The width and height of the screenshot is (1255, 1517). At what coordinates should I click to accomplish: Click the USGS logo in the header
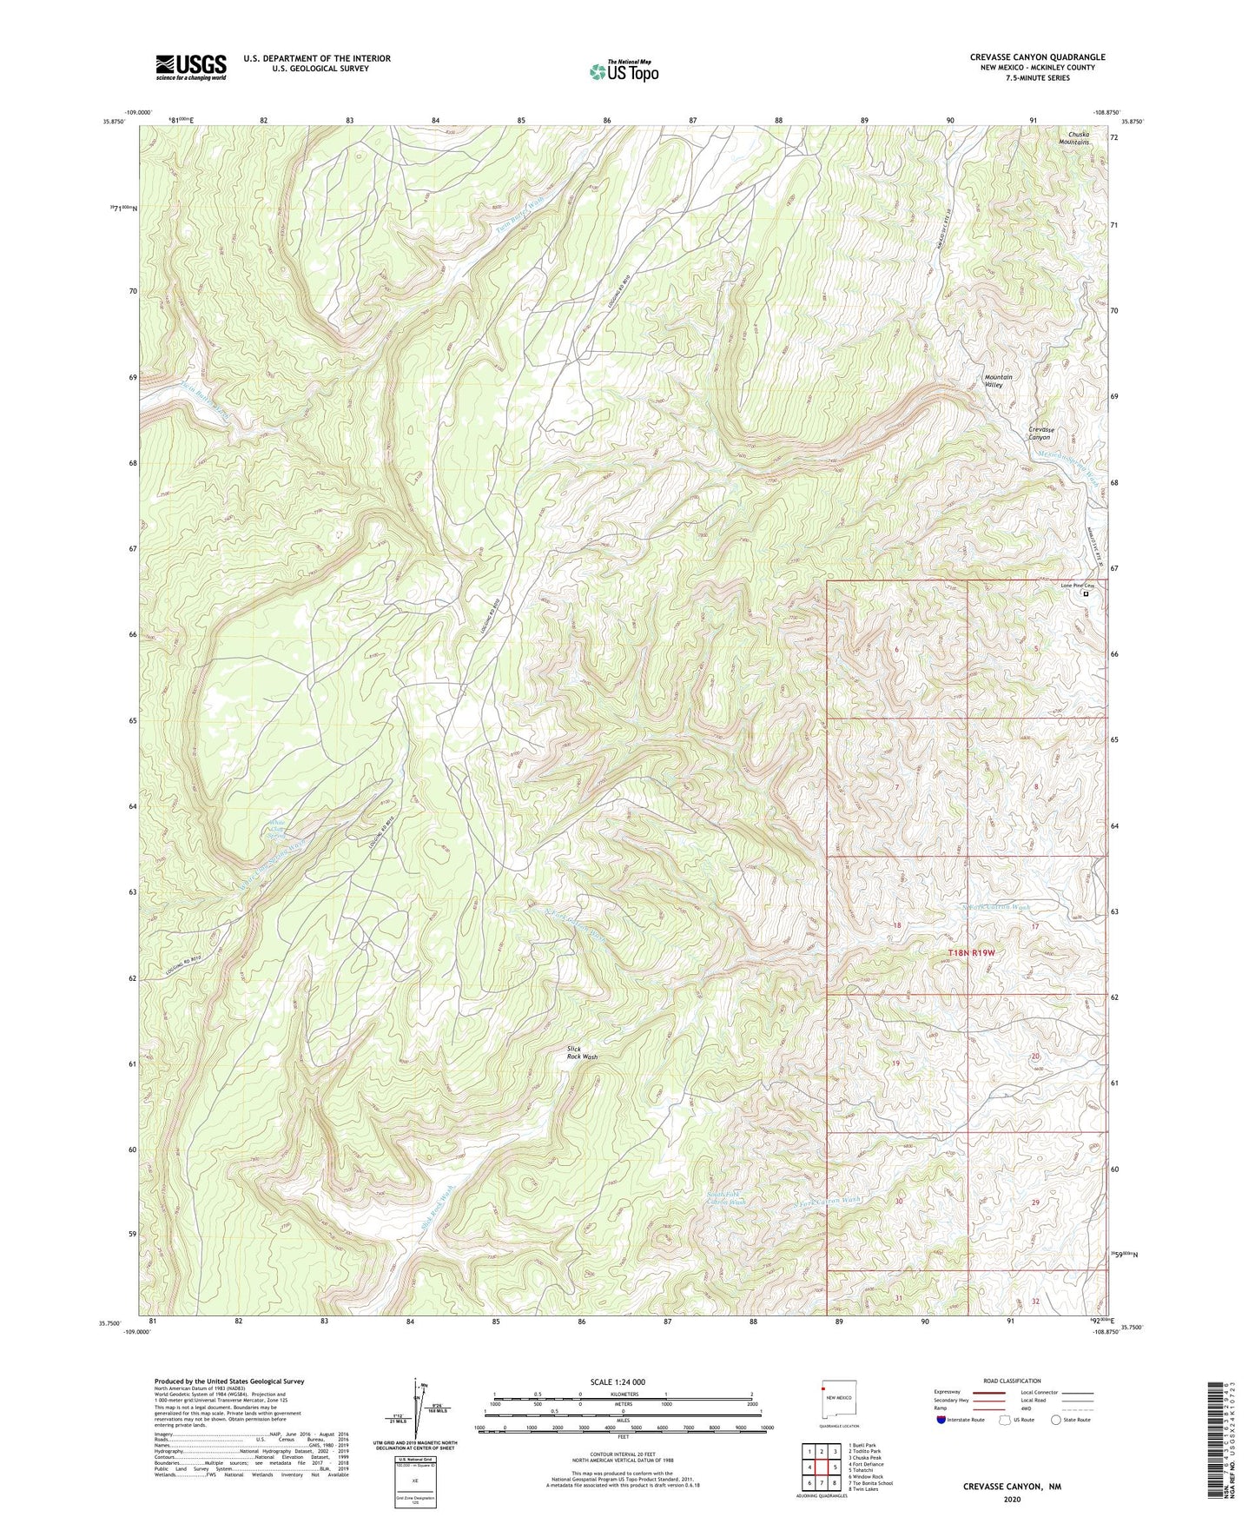click(x=191, y=66)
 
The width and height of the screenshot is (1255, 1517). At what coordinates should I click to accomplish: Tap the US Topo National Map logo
click(x=624, y=70)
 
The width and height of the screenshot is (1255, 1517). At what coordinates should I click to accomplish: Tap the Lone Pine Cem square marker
click(x=1086, y=594)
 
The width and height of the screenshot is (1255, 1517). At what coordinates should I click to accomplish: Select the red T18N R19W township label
click(x=970, y=953)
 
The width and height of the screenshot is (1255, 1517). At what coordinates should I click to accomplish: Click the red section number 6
click(x=895, y=650)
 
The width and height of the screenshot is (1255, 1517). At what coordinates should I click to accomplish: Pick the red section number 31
click(x=899, y=1298)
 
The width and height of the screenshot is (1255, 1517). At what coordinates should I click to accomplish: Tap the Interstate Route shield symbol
click(x=941, y=1420)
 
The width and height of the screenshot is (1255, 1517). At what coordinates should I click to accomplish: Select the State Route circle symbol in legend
click(x=1056, y=1420)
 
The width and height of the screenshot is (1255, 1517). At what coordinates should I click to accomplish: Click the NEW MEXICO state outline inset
click(x=839, y=1397)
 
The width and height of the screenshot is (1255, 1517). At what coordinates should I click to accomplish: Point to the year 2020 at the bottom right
click(x=1012, y=1499)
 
